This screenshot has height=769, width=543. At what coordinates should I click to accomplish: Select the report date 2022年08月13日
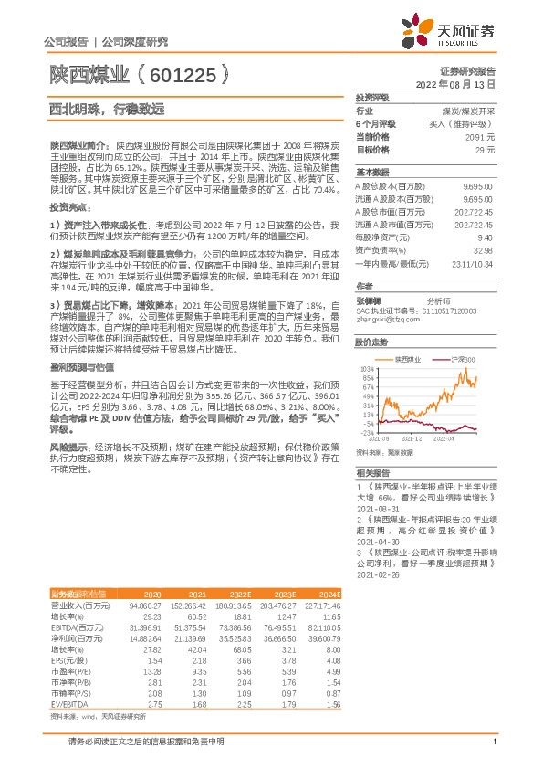click(455, 83)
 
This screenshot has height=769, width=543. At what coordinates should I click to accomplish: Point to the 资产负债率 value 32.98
click(483, 249)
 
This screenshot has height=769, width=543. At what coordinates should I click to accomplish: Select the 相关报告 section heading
click(373, 473)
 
